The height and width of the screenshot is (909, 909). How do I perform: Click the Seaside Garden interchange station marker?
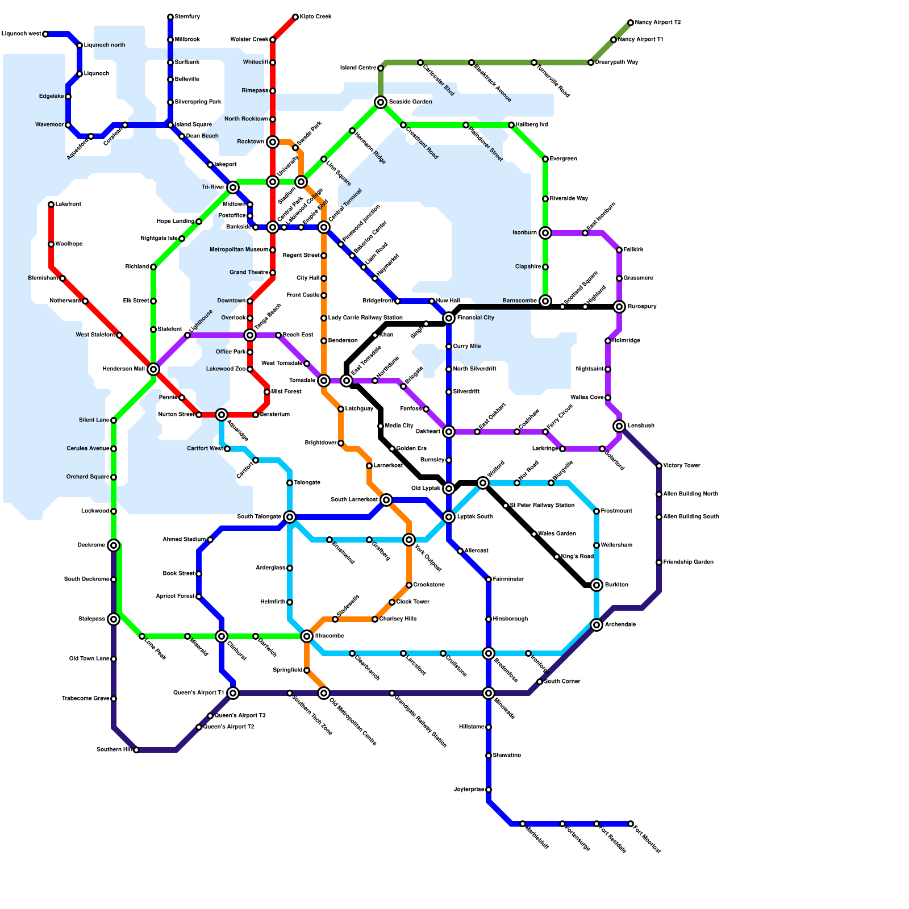click(381, 102)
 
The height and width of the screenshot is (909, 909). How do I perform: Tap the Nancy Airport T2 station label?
click(657, 23)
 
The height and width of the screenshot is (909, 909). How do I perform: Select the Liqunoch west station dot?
click(45, 34)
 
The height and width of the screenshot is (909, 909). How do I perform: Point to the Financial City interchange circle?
click(449, 318)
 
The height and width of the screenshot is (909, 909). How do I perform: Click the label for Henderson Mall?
click(123, 369)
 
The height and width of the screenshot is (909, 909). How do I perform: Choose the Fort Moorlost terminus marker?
click(631, 824)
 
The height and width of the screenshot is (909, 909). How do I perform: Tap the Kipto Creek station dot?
click(295, 17)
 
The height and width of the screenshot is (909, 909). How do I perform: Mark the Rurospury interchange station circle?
click(619, 307)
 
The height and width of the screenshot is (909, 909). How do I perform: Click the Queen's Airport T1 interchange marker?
click(233, 693)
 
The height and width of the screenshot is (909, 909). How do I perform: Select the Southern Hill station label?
click(114, 750)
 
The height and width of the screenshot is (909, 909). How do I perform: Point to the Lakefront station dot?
click(51, 205)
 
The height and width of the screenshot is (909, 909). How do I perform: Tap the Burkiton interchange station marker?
click(597, 585)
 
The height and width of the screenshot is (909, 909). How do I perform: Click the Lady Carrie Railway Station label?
click(365, 318)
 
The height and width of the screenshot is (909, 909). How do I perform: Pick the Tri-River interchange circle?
click(233, 187)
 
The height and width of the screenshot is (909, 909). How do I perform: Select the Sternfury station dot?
click(170, 17)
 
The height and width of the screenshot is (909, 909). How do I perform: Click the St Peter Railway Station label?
click(542, 506)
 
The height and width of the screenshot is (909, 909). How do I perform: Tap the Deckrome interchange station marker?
click(114, 545)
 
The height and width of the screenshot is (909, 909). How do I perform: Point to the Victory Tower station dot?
click(659, 466)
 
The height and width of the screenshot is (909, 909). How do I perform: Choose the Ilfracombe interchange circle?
click(307, 636)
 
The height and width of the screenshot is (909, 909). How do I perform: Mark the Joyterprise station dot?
click(489, 790)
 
